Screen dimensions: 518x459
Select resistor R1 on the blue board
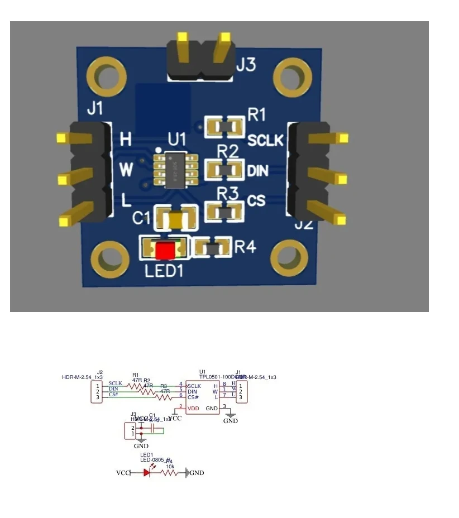point(224,127)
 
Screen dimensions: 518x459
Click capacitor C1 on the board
point(176,219)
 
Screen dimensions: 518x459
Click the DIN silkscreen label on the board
point(258,170)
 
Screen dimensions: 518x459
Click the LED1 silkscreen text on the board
point(165,271)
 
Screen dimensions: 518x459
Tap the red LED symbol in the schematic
point(147,473)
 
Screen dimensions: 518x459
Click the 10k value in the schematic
point(170,467)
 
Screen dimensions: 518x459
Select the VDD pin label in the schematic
point(193,409)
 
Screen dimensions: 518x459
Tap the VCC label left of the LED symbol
point(123,473)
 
